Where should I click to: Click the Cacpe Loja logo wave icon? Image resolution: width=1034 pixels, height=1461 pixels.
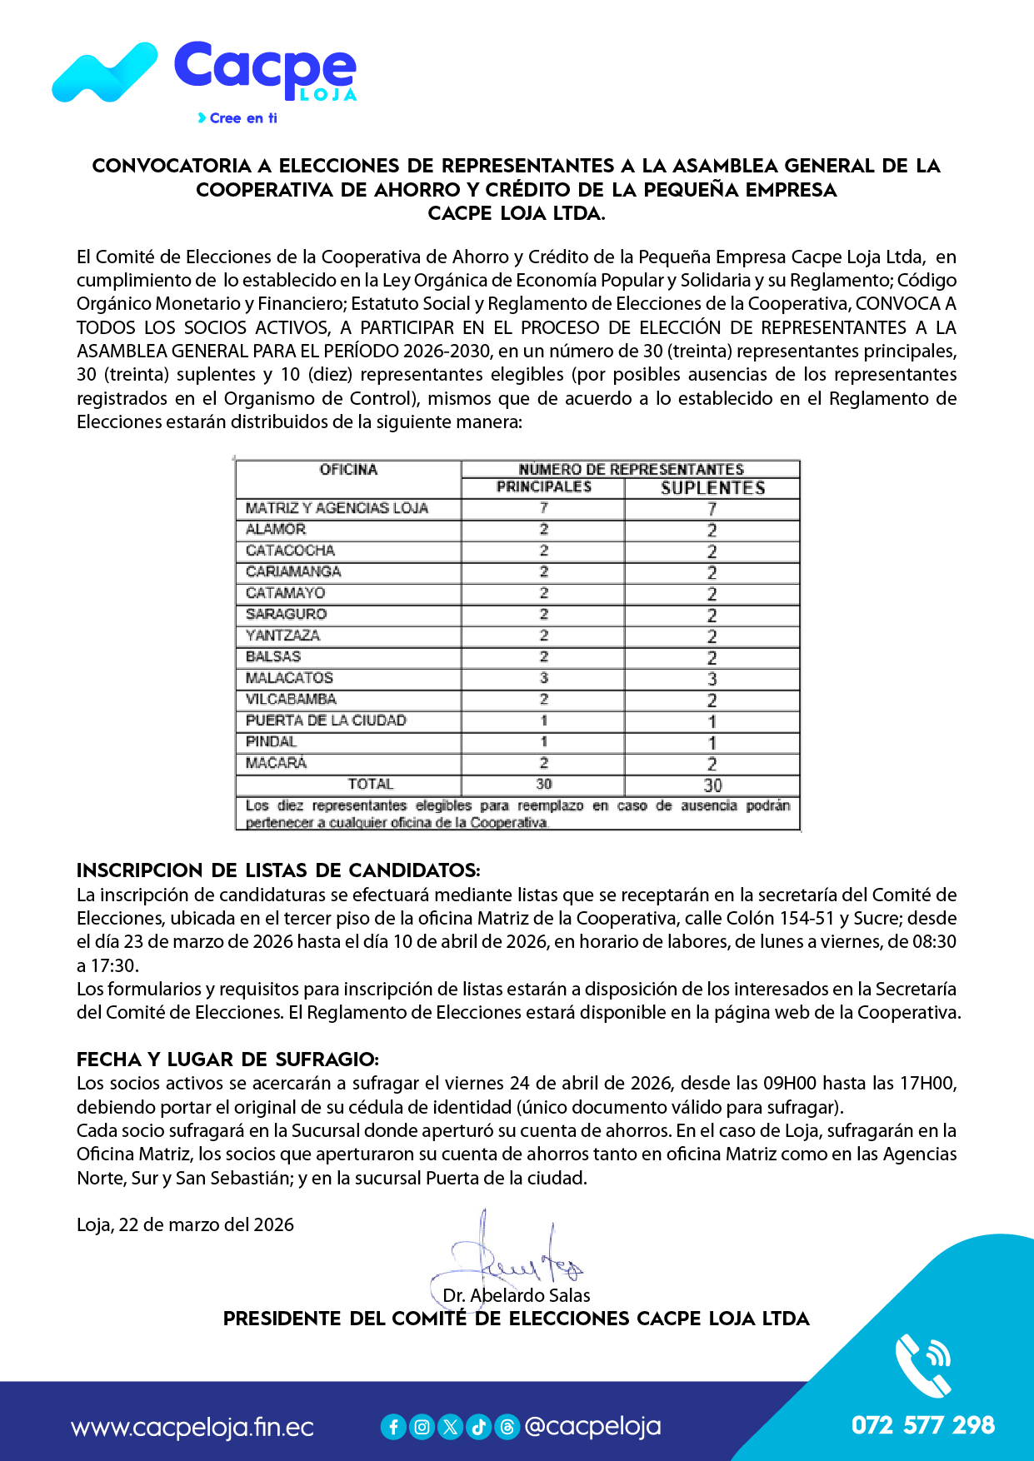click(x=104, y=73)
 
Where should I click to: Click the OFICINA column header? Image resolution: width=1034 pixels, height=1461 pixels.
click(x=348, y=470)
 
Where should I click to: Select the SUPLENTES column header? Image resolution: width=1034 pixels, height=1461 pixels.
click(x=712, y=488)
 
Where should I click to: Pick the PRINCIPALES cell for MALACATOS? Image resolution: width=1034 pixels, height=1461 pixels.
click(x=543, y=678)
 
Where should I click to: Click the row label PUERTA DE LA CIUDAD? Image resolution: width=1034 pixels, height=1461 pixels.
click(x=326, y=721)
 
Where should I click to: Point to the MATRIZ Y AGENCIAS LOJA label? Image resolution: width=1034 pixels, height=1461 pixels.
click(x=337, y=508)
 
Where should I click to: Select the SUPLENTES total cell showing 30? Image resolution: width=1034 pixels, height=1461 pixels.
click(x=712, y=785)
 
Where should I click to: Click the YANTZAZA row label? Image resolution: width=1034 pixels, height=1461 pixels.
click(x=282, y=636)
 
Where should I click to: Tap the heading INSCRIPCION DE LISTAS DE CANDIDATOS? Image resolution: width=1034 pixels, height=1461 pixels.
click(x=278, y=870)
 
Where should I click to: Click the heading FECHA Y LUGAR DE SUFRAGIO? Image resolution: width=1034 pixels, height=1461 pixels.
click(x=227, y=1060)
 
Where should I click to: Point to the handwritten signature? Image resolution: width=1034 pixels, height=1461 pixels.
click(x=508, y=1258)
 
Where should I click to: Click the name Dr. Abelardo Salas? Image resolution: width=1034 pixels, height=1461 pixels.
click(x=517, y=1295)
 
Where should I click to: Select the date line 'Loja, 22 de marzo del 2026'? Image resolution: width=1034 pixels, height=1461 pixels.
click(x=185, y=1224)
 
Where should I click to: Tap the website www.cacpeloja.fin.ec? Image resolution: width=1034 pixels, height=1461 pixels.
click(x=192, y=1427)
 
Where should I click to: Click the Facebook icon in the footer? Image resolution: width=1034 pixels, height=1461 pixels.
click(x=393, y=1427)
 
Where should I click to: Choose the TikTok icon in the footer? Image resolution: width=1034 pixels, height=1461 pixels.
click(x=478, y=1427)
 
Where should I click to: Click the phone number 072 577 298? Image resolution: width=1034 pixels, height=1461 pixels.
click(x=922, y=1425)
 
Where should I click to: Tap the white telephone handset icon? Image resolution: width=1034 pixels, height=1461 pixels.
click(x=922, y=1366)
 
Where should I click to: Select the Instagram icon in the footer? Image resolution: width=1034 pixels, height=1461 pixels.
click(x=422, y=1427)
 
